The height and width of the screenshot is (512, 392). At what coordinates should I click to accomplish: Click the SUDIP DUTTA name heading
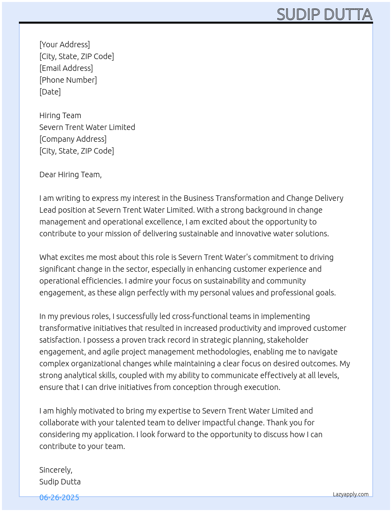click(324, 15)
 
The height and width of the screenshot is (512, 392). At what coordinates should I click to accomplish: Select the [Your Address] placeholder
click(65, 45)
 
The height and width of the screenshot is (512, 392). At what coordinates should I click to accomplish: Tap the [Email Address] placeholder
click(66, 68)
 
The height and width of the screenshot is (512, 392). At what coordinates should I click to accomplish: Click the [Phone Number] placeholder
click(68, 80)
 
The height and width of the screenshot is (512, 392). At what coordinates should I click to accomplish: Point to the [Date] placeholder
click(50, 92)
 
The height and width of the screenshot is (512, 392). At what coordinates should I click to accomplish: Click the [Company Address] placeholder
click(73, 139)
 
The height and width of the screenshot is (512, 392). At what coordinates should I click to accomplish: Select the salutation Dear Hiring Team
click(70, 174)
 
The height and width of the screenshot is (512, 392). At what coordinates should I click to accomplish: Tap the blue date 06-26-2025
click(59, 497)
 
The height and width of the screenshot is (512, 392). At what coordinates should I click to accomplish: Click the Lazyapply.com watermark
click(351, 494)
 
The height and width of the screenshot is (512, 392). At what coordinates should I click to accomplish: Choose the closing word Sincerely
click(55, 470)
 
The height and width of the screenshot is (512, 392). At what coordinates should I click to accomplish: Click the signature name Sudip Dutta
click(60, 482)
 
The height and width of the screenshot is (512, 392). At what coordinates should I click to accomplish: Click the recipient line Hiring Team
click(60, 115)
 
